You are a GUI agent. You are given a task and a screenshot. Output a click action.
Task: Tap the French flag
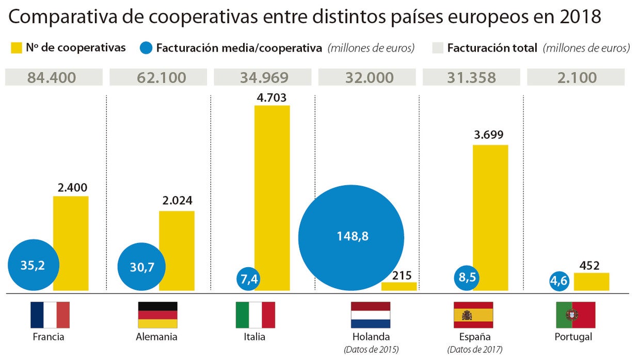click(50, 315)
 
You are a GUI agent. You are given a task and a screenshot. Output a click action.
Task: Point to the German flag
click(157, 315)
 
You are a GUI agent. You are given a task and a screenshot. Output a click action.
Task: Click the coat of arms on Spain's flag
click(467, 315)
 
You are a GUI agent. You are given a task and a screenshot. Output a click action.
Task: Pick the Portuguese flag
click(575, 315)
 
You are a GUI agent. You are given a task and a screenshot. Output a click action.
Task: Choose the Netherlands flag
click(370, 315)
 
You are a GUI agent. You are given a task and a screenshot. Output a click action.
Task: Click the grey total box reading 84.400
click(53, 78)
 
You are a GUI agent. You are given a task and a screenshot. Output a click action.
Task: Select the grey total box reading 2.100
click(575, 78)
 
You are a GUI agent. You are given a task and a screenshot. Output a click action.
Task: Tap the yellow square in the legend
click(16, 48)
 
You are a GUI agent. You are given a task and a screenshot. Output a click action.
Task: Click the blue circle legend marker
click(146, 48)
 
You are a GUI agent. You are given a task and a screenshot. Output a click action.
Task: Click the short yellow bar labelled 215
click(398, 286)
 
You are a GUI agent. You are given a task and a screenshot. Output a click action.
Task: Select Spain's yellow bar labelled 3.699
click(490, 218)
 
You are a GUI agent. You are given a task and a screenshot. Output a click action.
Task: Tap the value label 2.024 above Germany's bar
click(177, 201)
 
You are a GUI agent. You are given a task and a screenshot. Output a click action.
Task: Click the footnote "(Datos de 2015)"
click(371, 349)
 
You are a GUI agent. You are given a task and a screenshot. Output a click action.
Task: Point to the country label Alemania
click(157, 337)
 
